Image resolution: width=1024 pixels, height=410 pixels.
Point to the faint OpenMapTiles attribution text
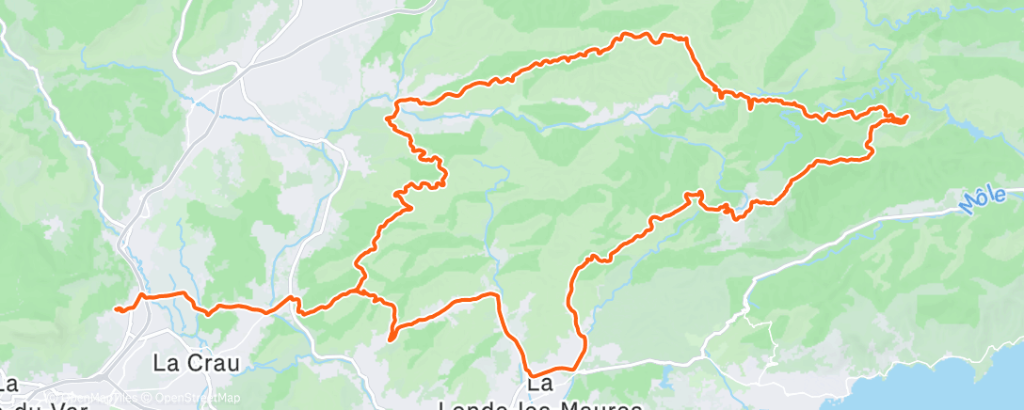pos(94,398)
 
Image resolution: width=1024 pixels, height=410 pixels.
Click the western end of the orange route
pos(115,308)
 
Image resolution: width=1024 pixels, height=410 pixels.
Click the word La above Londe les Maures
pos(539,384)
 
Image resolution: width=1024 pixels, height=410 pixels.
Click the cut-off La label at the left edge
pos(9,384)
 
